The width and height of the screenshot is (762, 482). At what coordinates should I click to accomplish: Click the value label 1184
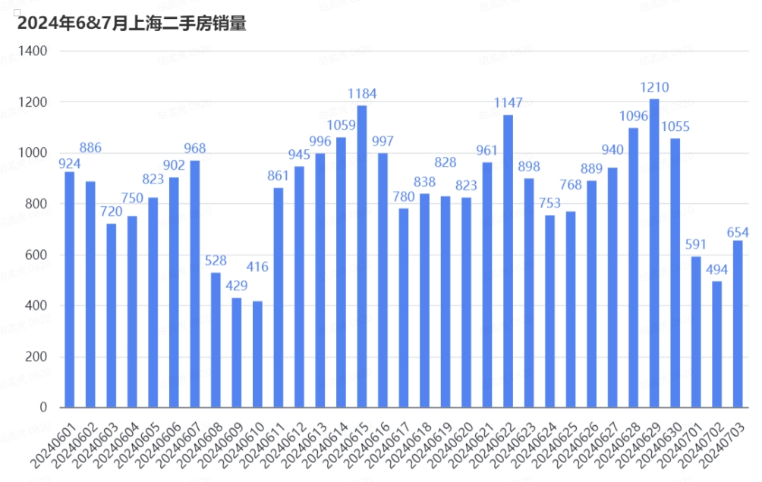[362, 94]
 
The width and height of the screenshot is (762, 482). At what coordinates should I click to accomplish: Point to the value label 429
[237, 286]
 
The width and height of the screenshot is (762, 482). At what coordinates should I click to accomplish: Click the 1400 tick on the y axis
[35, 51]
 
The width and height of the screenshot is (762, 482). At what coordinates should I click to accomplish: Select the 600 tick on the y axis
[38, 255]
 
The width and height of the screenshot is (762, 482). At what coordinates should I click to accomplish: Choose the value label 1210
[654, 87]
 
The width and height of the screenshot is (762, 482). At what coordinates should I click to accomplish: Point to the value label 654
[738, 231]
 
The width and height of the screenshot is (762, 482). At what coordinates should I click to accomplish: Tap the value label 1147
[508, 102]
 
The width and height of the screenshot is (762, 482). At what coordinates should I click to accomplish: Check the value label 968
[195, 149]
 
